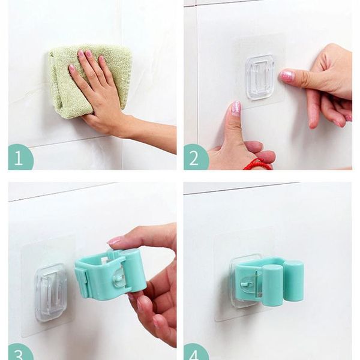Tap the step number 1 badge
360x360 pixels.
[20, 157]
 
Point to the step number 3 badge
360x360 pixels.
[20, 351]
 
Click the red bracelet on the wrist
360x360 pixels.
[258, 164]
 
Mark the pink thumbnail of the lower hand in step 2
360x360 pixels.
[236, 108]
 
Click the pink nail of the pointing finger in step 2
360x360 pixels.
[287, 76]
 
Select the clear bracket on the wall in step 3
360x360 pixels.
[50, 292]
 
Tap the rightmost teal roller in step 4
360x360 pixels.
[294, 281]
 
